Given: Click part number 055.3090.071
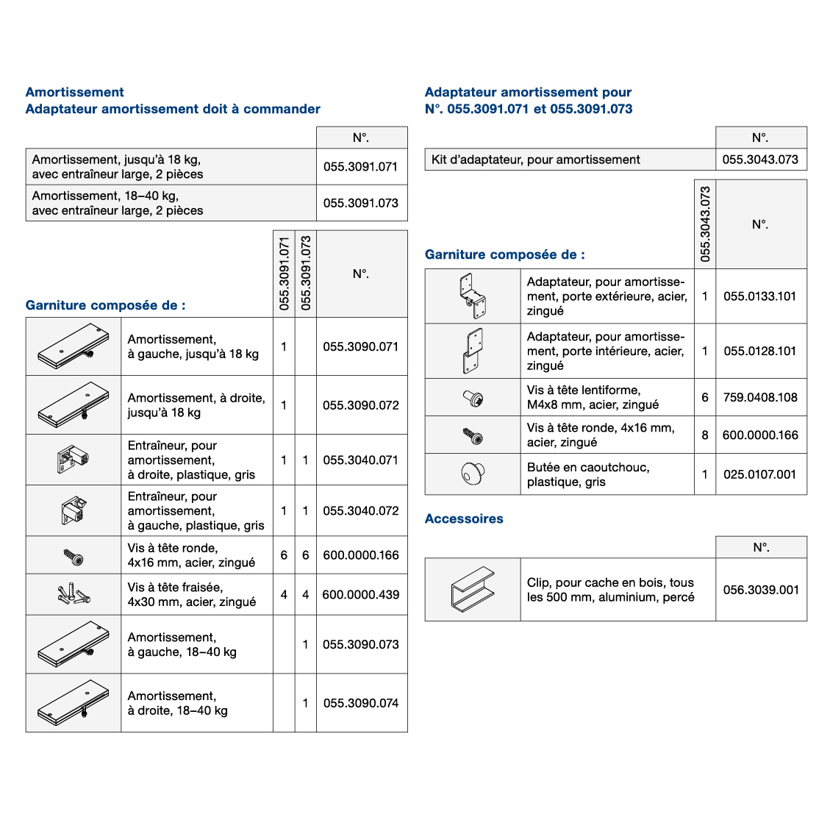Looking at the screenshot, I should click(x=361, y=346).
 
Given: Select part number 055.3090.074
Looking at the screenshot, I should click(x=361, y=703).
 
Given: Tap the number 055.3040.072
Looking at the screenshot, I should click(x=361, y=510).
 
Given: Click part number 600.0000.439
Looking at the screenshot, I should click(x=361, y=594).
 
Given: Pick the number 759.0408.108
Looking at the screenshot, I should click(x=760, y=397).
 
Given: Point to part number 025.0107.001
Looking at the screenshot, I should click(x=760, y=474).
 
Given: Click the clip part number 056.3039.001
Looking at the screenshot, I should click(x=761, y=590).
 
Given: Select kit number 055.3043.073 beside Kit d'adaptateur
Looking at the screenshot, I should click(x=760, y=160).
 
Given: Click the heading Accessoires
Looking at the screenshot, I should click(x=464, y=518).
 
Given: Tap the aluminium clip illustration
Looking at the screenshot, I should click(x=472, y=589).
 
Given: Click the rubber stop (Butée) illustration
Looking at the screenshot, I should click(x=472, y=474).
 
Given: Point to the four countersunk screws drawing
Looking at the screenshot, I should click(x=74, y=593).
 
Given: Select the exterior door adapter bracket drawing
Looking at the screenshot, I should click(x=472, y=296).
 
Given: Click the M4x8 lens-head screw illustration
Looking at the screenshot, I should click(x=472, y=398).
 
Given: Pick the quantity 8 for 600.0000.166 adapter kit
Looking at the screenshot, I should click(x=705, y=435).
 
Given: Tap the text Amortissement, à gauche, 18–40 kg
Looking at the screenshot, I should click(x=182, y=645).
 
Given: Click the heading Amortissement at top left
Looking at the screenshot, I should click(x=75, y=92).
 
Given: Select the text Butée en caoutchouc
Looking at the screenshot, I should click(x=588, y=467).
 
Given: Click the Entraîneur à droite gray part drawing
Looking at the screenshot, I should click(x=74, y=460).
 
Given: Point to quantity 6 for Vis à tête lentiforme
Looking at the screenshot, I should click(x=705, y=397).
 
